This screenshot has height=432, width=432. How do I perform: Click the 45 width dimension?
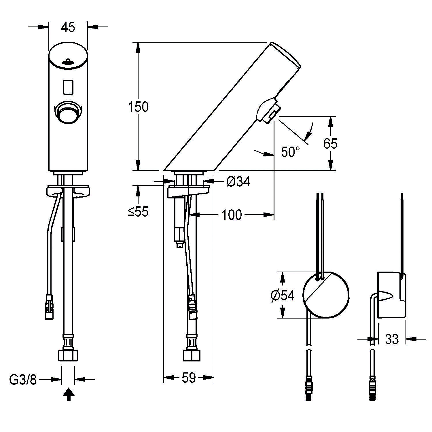(x=68, y=27)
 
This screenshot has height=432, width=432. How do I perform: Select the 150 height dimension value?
(x=138, y=107)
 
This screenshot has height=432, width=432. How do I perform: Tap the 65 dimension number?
(x=330, y=143)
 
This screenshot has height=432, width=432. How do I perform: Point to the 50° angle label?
(x=290, y=152)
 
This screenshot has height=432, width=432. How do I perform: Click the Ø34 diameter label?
(x=238, y=181)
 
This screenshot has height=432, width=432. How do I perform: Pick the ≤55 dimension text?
(x=138, y=212)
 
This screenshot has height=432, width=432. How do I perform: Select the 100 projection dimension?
(x=232, y=215)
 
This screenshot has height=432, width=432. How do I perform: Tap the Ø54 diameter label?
(x=283, y=295)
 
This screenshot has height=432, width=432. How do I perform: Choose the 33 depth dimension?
(x=392, y=339)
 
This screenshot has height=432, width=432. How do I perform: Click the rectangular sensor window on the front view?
(x=68, y=87)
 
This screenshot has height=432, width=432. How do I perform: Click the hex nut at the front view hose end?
(x=68, y=355)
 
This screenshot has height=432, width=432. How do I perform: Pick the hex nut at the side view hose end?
(x=191, y=355)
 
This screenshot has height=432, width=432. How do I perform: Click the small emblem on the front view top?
(x=68, y=61)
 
